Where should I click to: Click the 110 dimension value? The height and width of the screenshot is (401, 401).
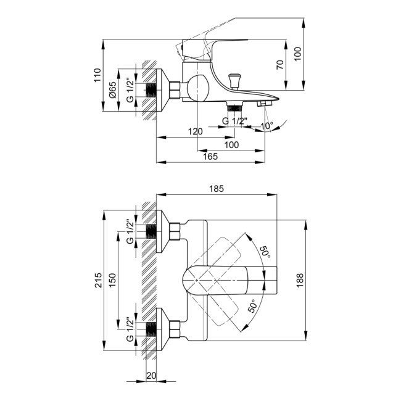point(96,76)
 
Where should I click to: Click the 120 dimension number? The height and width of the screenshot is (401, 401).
point(196,131)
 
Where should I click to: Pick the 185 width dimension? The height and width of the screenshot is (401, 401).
point(216,189)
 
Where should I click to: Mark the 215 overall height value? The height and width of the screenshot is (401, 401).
point(96,280)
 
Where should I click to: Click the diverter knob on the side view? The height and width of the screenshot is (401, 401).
point(234,80)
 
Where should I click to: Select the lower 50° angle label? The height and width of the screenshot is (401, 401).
point(253,307)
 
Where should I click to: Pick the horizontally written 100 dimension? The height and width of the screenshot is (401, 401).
point(231,144)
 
